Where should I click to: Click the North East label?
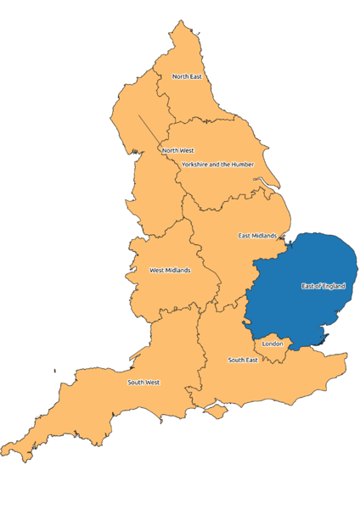tap(187, 76)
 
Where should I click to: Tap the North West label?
tap(177, 150)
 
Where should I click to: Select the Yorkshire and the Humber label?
tap(217, 164)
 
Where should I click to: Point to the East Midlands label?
tap(257, 235)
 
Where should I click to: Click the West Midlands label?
tap(170, 271)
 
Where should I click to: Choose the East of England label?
tap(323, 286)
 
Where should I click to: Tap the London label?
tap(273, 344)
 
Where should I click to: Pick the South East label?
tap(242, 360)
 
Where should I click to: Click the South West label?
tap(143, 382)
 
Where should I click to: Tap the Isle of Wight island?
tap(217, 411)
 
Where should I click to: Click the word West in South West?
tap(152, 382)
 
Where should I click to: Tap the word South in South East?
tap(236, 360)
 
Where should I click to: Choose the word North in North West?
tap(170, 150)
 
